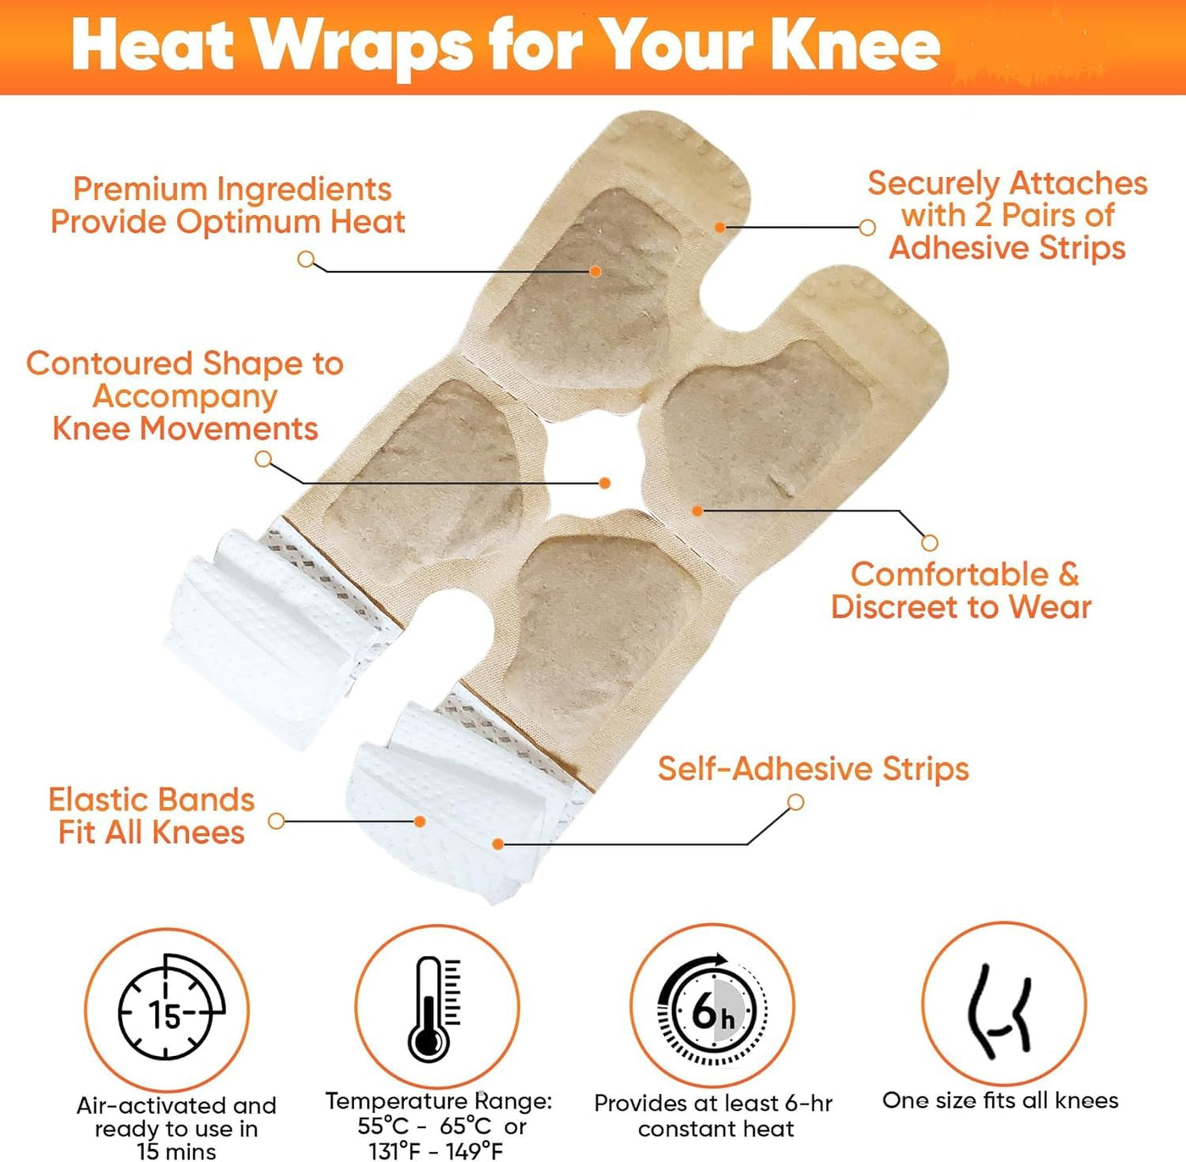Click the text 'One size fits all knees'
pyautogui.click(x=1000, y=1100)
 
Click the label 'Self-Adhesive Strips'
pyautogui.click(x=813, y=769)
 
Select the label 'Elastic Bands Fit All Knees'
pyautogui.click(x=152, y=816)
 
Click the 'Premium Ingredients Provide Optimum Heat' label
pyautogui.click(x=229, y=205)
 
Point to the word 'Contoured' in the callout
pyautogui.click(x=109, y=363)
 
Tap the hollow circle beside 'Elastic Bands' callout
pyautogui.click(x=276, y=821)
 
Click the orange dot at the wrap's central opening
pyautogui.click(x=605, y=483)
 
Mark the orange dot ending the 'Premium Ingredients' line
pyautogui.click(x=596, y=271)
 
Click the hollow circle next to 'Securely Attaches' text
pyautogui.click(x=867, y=228)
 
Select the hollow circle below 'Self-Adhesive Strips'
pyautogui.click(x=795, y=802)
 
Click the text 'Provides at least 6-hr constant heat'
pyautogui.click(x=713, y=1115)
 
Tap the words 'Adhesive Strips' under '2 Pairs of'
pyautogui.click(x=1007, y=248)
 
